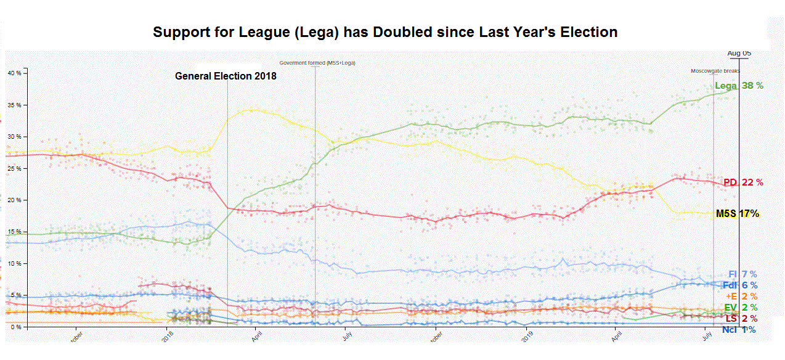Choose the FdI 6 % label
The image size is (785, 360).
point(739,285)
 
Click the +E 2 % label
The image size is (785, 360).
point(741,297)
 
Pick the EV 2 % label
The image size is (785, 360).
point(741,308)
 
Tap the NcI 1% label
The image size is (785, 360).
point(739,330)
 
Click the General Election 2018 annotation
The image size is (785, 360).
point(226,76)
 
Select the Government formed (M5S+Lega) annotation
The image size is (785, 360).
point(317,63)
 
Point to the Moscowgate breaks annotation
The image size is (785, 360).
point(715,71)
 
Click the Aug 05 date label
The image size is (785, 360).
point(739,54)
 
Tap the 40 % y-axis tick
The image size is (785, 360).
point(14,73)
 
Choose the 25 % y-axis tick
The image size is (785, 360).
point(14,168)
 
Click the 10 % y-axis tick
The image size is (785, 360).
point(14,263)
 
